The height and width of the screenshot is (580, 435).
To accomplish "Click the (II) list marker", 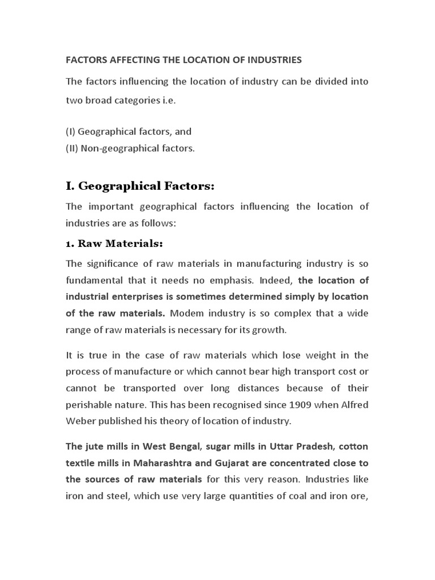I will (72, 148).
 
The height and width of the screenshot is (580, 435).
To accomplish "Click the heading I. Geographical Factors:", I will (140, 186).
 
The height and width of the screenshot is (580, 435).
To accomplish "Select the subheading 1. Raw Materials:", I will (114, 244).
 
